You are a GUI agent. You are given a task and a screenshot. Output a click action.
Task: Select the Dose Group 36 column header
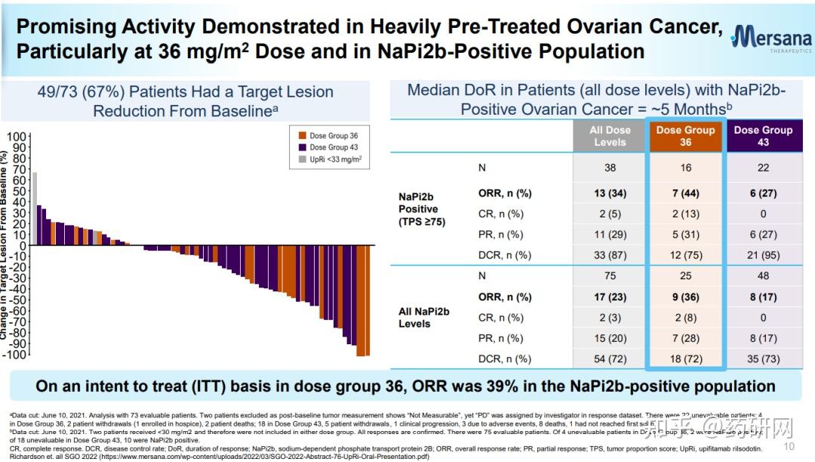coord(685,136)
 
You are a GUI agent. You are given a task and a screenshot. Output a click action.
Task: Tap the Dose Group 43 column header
coord(762,136)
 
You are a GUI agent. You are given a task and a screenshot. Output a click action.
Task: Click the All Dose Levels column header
coord(610,136)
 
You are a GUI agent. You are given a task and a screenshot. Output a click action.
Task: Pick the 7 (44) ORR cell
coord(685,193)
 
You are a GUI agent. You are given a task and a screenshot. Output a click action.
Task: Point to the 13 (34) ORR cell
coord(610,193)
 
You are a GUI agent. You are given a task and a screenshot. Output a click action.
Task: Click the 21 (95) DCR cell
coord(762,255)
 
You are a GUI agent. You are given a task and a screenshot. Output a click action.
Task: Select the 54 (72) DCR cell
coord(610,359)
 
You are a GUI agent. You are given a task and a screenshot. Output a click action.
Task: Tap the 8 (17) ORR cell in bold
coord(762,297)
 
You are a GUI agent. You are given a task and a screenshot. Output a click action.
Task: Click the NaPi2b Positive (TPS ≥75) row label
coord(418,208)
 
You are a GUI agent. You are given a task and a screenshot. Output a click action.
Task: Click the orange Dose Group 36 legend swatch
coord(303,136)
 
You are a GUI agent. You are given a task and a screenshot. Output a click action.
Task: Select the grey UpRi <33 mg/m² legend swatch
coord(303,159)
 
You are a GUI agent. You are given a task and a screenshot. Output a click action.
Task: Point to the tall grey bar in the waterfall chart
coord(35,208)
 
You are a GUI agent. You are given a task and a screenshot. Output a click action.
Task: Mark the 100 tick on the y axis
coord(17,137)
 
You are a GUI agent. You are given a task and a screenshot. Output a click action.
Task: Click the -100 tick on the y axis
coord(14,355)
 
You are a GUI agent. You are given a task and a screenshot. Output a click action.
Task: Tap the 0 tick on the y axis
coord(23,246)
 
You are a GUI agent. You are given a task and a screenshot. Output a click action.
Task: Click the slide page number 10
coord(800,446)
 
